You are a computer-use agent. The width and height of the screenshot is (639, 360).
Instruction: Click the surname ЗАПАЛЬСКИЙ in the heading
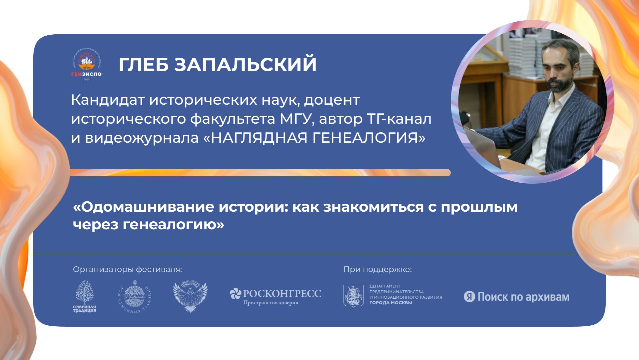[245, 64]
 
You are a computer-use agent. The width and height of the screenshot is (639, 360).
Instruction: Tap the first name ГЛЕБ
[144, 64]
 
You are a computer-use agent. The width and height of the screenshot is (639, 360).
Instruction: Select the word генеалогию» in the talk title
[173, 225]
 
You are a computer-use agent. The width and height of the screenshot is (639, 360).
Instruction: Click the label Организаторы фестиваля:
[127, 269]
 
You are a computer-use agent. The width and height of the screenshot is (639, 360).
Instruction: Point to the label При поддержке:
[377, 269]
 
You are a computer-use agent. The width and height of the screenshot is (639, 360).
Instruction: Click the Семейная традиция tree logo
[85, 296]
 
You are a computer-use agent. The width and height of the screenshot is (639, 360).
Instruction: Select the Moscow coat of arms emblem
[353, 296]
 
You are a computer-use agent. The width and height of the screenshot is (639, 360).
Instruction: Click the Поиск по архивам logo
[516, 297]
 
